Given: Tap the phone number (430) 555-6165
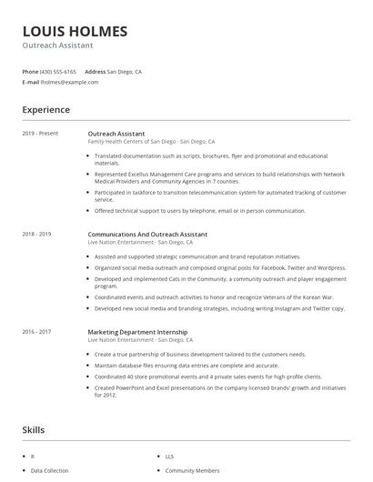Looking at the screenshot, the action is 59,71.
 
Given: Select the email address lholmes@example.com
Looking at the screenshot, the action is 69,82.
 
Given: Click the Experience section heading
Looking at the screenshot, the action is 45,110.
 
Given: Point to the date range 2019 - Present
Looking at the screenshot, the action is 40,134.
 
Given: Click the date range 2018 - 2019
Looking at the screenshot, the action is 36,234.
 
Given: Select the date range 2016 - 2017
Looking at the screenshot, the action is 36,332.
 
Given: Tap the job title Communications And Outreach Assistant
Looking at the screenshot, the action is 147,234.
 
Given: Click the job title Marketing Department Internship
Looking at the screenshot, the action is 137,332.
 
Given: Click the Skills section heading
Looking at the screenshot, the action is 34,428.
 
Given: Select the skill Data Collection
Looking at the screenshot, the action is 49,470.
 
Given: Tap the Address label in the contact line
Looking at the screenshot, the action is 96,71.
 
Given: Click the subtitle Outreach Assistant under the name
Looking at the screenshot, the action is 58,45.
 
